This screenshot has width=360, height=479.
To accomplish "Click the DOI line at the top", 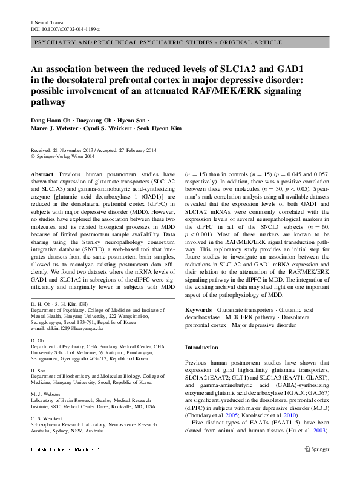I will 64,29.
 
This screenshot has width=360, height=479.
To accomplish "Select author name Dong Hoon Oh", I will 52,120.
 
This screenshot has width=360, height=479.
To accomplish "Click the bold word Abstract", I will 42,173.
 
